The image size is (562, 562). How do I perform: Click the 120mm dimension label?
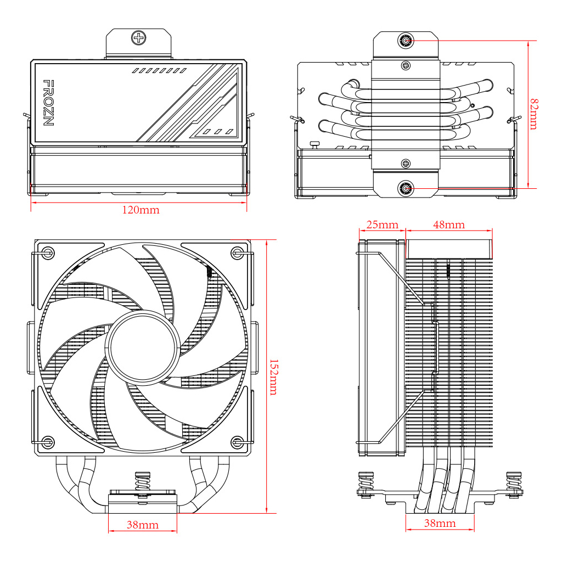click(140, 210)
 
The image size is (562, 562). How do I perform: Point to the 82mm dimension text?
click(533, 114)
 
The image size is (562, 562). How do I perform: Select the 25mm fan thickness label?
click(382, 224)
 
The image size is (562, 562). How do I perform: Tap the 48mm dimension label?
click(448, 224)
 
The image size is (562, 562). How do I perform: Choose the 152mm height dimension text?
click(273, 377)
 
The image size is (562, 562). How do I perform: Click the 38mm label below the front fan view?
click(143, 525)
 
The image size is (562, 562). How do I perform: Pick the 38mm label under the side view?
click(440, 523)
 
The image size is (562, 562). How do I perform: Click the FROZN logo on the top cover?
click(48, 103)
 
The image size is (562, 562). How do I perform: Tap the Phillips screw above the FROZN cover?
click(138, 38)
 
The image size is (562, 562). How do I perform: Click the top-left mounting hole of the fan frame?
click(48, 253)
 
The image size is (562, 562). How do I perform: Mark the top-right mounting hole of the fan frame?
click(237, 253)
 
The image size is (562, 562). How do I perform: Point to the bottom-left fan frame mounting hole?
click(48, 442)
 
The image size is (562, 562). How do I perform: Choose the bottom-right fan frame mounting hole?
click(237, 442)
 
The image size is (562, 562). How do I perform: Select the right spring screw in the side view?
click(514, 483)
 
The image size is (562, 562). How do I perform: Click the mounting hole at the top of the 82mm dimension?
click(406, 41)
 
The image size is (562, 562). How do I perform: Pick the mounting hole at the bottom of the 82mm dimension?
click(406, 188)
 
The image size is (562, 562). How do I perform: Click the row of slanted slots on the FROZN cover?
click(159, 71)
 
